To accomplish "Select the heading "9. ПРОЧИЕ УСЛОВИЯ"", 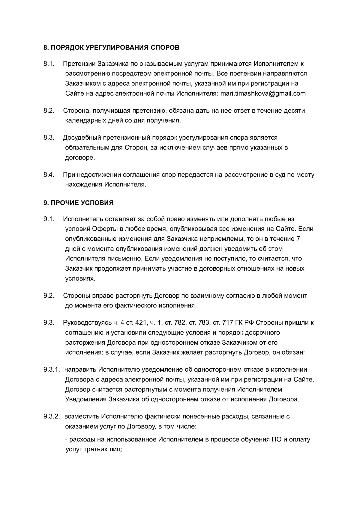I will (x=79, y=203).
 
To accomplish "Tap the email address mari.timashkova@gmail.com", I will (x=263, y=93).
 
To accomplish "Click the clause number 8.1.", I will (x=49, y=64).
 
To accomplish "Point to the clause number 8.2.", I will (x=49, y=111).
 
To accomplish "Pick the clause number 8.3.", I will (x=49, y=138).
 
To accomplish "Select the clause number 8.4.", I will (x=49, y=175).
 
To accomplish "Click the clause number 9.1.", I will (x=49, y=219).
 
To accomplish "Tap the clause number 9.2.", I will (x=49, y=296).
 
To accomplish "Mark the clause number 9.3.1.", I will (x=52, y=370).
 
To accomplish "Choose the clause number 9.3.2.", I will (x=52, y=417).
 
